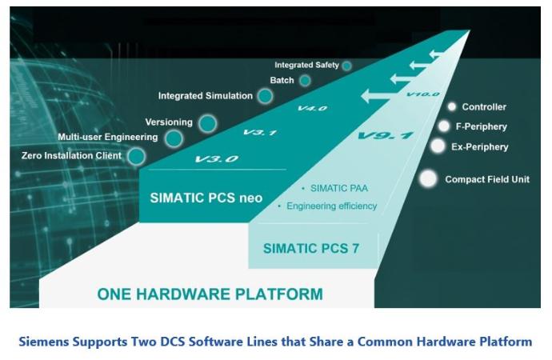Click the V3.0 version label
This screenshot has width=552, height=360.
pyautogui.click(x=217, y=159)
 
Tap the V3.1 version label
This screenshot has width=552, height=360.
pyautogui.click(x=260, y=132)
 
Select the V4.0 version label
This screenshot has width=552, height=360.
pyautogui.click(x=312, y=108)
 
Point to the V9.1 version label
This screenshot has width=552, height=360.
pyautogui.click(x=386, y=135)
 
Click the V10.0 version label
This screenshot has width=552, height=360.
pyautogui.click(x=422, y=94)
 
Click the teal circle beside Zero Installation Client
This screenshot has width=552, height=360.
pyautogui.click(x=136, y=157)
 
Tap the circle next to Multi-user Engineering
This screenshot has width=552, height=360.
pyautogui.click(x=174, y=138)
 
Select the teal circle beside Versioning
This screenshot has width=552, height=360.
pyautogui.click(x=207, y=123)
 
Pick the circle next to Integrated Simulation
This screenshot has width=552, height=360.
pyautogui.click(x=265, y=96)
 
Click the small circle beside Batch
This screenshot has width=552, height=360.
pyautogui.click(x=305, y=81)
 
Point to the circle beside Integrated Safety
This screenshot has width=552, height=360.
pyautogui.click(x=346, y=66)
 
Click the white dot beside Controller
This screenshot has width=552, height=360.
pyautogui.click(x=452, y=106)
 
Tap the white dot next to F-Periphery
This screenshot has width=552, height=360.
pyautogui.click(x=444, y=126)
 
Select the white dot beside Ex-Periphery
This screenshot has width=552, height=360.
pyautogui.click(x=438, y=146)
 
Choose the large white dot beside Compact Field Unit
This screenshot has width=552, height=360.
pyautogui.click(x=428, y=178)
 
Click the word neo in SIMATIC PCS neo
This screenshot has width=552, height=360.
pyautogui.click(x=250, y=198)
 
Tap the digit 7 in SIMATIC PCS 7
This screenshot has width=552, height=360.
pyautogui.click(x=355, y=249)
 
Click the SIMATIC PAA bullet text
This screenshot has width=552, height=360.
pyautogui.click(x=339, y=189)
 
